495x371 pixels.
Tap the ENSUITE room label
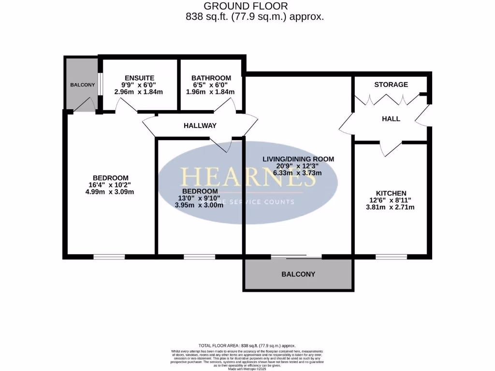(x=139, y=78)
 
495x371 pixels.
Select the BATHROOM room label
(x=211, y=78)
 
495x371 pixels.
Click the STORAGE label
(x=391, y=85)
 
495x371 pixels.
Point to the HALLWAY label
(x=200, y=126)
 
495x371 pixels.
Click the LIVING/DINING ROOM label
(x=298, y=158)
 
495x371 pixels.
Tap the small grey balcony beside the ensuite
(x=82, y=85)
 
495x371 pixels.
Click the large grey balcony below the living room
(x=298, y=274)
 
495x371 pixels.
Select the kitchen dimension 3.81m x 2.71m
(x=391, y=207)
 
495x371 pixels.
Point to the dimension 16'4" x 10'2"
(x=110, y=184)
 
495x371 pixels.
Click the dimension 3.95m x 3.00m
(x=199, y=205)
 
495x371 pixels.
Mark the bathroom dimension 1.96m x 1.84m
(x=211, y=92)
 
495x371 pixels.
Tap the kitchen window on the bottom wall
(x=391, y=257)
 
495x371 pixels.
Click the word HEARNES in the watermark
(x=247, y=178)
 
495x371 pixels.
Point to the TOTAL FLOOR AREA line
(x=247, y=346)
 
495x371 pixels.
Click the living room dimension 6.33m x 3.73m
(x=298, y=172)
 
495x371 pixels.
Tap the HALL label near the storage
(x=391, y=119)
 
